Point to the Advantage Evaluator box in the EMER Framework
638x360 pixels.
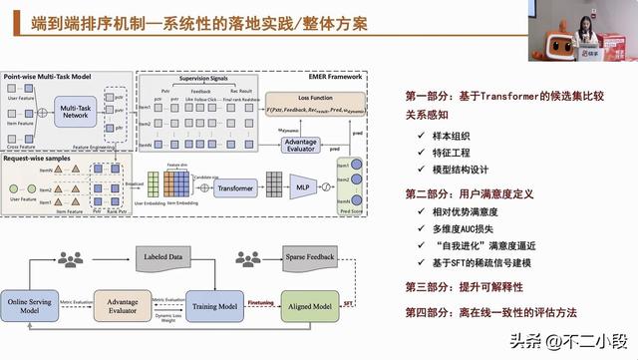pos(300,146)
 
